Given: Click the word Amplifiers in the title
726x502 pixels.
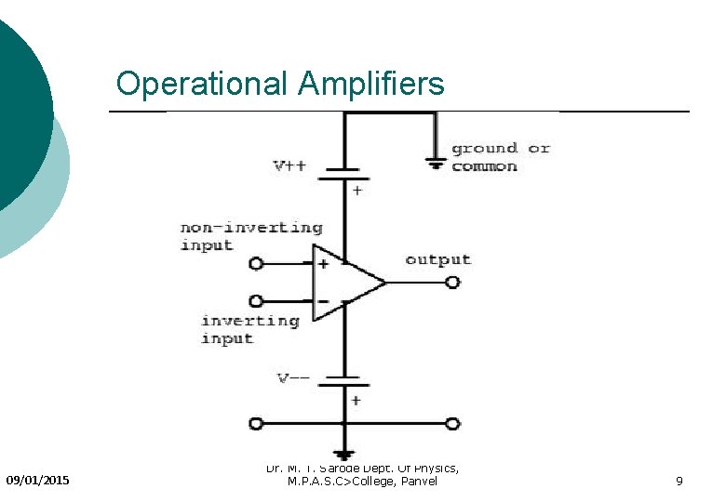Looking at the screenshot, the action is point(371,85).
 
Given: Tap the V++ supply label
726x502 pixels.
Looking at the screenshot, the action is point(289,166).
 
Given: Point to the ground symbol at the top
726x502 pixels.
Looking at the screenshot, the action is point(435,162).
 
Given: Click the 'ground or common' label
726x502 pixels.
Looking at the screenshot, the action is point(500,157).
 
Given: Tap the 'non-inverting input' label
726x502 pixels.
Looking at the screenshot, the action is point(250,236).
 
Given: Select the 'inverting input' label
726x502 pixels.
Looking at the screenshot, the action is point(249,330).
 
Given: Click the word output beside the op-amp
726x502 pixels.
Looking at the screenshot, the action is point(437,259).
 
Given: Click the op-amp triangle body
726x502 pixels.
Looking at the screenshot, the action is point(343,283).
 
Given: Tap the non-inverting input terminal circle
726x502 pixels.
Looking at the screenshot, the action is point(257,264).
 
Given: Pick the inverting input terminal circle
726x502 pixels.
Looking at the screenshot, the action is point(257,301).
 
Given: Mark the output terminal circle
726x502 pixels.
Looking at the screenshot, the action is point(452,282).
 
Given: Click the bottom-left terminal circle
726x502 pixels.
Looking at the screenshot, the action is point(257,424).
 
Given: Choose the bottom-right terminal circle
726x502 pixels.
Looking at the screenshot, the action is point(452,424).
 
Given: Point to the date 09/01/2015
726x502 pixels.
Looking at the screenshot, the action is point(37,481).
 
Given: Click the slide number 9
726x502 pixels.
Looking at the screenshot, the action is point(679,481).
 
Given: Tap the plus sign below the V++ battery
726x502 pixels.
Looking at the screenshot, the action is point(356,190).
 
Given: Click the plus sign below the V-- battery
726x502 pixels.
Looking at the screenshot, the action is point(356,401).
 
